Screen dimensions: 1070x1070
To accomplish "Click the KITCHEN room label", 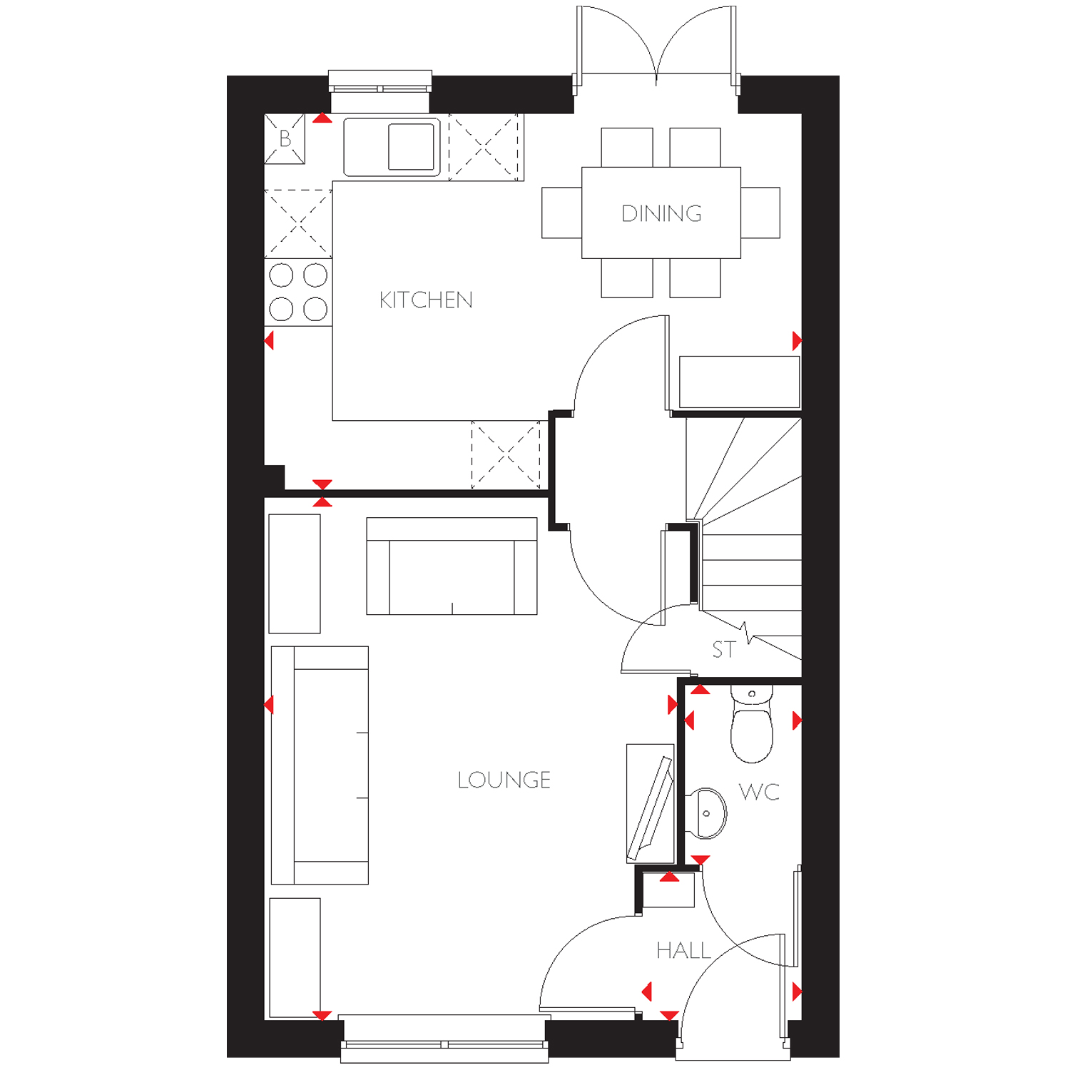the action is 426,300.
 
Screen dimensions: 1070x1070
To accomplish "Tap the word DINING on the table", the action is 661,213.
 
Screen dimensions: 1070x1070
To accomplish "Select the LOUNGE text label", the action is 504,780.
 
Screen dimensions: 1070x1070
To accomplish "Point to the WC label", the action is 759,792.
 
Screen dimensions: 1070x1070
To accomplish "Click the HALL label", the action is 683,950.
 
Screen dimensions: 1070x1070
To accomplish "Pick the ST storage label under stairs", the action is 723,650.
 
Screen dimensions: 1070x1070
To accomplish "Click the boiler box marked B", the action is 285,138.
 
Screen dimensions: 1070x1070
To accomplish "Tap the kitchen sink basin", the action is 412,146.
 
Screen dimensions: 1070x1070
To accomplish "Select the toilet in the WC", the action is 752,723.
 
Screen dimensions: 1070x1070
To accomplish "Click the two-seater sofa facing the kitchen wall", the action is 452,566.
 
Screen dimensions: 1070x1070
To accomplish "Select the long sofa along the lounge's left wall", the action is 320,765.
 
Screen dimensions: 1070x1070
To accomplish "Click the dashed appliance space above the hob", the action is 298,223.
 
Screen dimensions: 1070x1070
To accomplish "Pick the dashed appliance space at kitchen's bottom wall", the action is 506,455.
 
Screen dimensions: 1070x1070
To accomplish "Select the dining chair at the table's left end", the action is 562,213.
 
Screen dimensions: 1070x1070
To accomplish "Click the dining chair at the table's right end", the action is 760,213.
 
